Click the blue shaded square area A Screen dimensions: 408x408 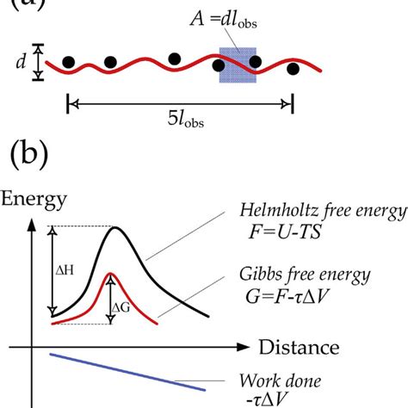237,65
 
